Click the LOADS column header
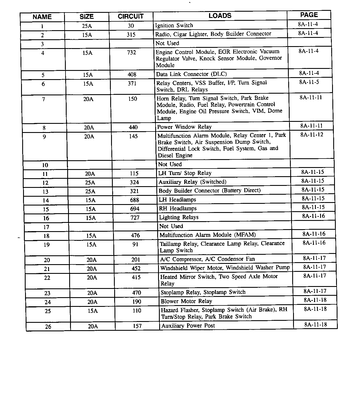220,16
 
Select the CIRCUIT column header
131,17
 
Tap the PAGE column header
309,15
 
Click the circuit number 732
132,53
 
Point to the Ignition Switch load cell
174,25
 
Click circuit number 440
133,128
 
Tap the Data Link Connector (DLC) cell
191,74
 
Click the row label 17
46,227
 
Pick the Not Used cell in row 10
170,164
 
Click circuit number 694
135,209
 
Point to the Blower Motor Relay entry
186,301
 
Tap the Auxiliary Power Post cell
188,326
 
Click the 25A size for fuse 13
90,191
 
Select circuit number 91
136,245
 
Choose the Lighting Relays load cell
179,217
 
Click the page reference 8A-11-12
312,135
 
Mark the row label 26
48,327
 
